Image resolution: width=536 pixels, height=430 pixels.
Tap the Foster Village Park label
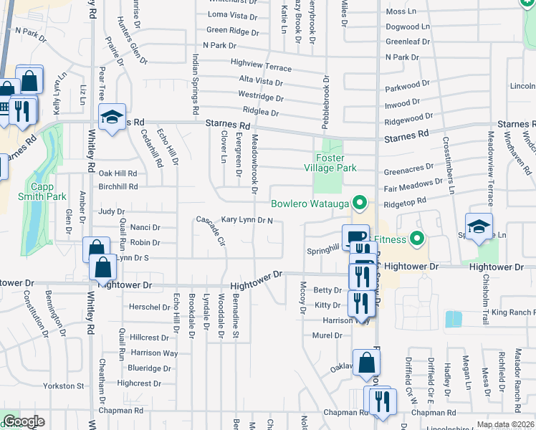click(335, 163)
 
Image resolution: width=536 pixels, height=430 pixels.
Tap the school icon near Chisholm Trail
click(479, 226)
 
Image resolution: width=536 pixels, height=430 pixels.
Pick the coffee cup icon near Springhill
click(355, 237)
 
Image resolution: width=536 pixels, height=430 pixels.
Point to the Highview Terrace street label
click(262, 65)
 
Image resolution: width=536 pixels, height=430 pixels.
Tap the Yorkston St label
click(64, 386)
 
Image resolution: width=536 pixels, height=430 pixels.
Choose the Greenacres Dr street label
click(408, 171)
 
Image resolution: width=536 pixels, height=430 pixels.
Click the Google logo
click(23, 421)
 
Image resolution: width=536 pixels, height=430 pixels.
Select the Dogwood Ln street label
click(407, 27)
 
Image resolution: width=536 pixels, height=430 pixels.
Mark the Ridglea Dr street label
click(260, 113)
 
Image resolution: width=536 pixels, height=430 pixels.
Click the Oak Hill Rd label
click(118, 173)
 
